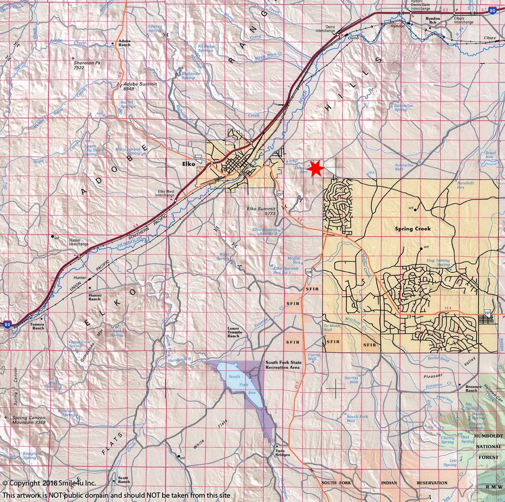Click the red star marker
[316, 168]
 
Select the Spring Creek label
[412, 229]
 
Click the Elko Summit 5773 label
[260, 211]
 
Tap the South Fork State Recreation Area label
[282, 364]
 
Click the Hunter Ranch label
[95, 296]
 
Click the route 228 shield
[309, 272]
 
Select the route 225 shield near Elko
[199, 158]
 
